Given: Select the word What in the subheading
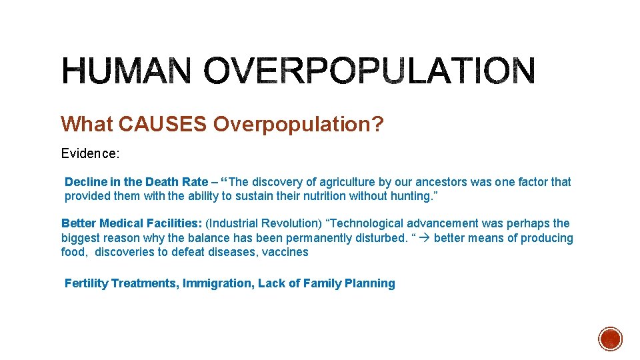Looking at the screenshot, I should pos(87,124).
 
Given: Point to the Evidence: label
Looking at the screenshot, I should pos(90,153).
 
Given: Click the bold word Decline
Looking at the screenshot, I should pos(83,182).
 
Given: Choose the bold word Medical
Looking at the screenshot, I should pos(122,223).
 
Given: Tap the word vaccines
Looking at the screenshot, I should pos(285,252).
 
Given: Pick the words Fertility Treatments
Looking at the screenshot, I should pos(121,283).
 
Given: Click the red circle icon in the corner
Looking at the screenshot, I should pos(610,339).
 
